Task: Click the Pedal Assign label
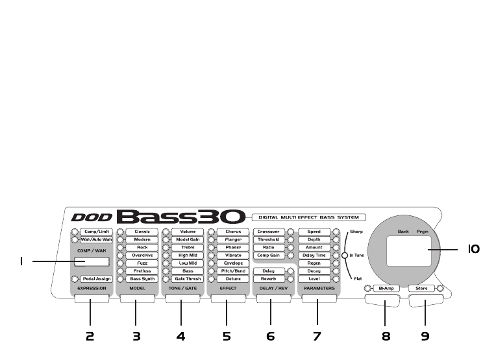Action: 97,279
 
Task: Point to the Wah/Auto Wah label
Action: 97,239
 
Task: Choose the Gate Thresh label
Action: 187,279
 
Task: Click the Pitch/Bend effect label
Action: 232,271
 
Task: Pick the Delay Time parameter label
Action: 314,255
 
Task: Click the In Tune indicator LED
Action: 345,256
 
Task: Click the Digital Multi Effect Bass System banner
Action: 306,217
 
